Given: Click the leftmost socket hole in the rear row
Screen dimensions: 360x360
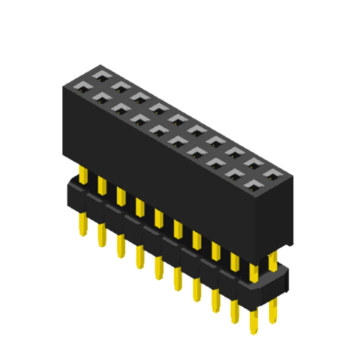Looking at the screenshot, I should tap(102, 75).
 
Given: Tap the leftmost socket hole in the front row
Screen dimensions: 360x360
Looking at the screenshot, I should tap(82, 87).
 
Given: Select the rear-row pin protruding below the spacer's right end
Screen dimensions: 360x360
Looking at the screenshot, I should tap(273, 312).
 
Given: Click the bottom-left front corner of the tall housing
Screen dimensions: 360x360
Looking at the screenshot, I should tap(63, 155).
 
